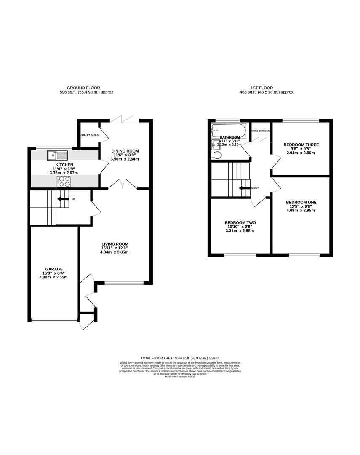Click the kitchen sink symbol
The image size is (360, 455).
tap(57, 155)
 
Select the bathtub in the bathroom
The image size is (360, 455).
tap(229, 128)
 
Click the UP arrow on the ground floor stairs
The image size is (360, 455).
tap(63, 199)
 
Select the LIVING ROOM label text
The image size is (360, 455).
tap(115, 244)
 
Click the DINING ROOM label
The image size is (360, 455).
tap(125, 151)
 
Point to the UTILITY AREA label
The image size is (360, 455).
tap(89, 135)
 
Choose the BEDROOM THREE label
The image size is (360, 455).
tap(301, 145)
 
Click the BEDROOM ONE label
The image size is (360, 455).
tap(301, 202)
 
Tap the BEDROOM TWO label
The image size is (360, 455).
tap(240, 223)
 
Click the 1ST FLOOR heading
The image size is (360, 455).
tap(260, 88)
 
